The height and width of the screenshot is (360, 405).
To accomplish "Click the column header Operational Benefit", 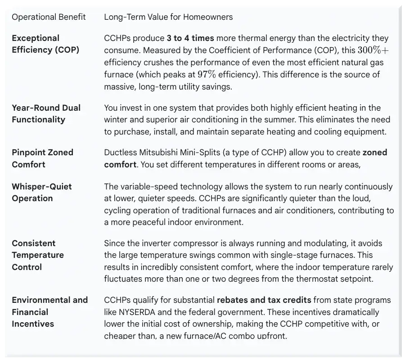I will coord(49,17).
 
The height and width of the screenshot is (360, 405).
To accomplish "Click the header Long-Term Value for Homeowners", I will coord(168,17).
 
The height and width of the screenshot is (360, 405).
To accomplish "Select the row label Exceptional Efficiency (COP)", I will coord(45,44).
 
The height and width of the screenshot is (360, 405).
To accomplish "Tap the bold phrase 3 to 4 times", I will coord(190,39).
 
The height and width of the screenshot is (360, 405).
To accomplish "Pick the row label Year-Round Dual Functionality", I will coord(46,113).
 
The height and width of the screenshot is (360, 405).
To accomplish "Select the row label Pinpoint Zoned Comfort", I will coord(42,158).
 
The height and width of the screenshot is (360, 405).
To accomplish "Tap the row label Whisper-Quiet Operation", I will coord(42,193).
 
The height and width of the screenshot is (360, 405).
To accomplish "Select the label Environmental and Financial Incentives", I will coord(49,312).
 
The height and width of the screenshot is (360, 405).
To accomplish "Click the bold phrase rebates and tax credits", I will coord(265,300).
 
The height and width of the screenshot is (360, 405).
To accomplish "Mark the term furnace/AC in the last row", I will coord(213,336).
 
